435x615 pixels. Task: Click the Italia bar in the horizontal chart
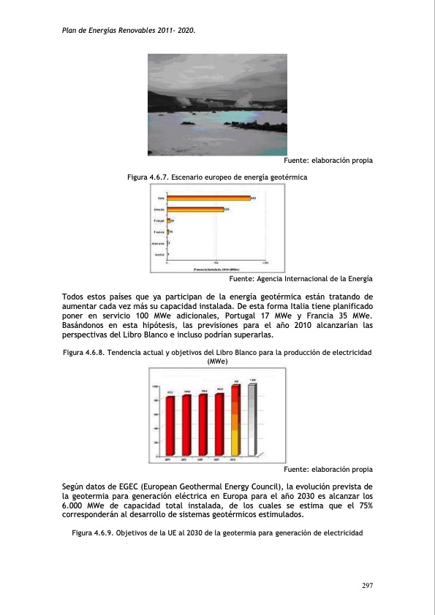[208, 198]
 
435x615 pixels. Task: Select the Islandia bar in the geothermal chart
[195, 209]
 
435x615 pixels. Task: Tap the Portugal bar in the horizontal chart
[169, 220]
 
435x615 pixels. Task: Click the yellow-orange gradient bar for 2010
[235, 421]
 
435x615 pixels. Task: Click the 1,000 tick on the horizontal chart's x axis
[264, 264]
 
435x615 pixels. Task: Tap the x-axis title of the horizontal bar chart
[215, 268]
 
